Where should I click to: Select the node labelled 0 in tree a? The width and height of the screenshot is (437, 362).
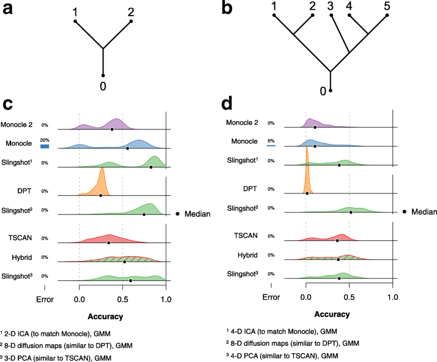[103, 76]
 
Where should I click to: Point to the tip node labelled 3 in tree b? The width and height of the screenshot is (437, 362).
[330, 16]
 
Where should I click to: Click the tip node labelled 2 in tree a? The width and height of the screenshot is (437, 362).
[131, 22]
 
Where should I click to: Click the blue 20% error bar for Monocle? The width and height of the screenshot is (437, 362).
[45, 146]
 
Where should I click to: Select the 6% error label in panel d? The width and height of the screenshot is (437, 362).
[271, 141]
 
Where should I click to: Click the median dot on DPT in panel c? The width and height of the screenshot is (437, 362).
[101, 195]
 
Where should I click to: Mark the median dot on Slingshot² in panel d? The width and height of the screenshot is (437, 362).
[351, 212]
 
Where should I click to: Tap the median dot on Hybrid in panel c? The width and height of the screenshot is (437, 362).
[124, 261]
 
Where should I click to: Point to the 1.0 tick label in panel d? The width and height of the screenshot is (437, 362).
[393, 297]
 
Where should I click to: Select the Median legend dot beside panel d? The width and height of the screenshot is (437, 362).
[404, 211]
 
